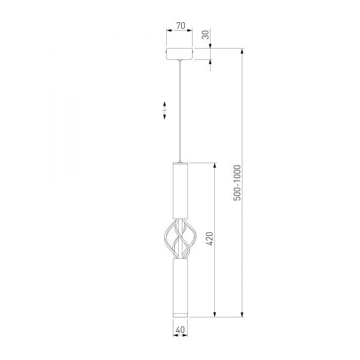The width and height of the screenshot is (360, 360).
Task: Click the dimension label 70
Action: [181, 25]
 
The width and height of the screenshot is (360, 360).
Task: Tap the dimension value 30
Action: [206, 35]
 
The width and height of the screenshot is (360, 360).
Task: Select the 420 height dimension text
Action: [210, 239]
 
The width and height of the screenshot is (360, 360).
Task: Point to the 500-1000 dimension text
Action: [238, 183]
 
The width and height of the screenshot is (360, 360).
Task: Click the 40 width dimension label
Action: [180, 329]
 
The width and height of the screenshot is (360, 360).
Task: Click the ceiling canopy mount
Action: [179, 54]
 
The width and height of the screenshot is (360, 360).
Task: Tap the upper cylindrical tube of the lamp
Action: [180, 190]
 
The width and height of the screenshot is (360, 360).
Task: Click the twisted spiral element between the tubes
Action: [181, 239]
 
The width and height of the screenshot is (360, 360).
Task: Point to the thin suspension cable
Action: [180, 111]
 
